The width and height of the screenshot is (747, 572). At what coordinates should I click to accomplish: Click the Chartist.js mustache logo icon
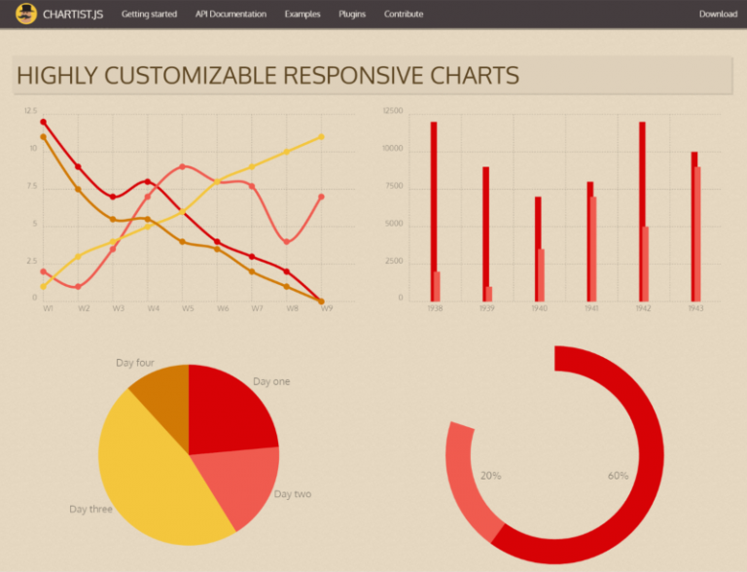(26, 14)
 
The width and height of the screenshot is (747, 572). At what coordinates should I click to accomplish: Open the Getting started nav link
(149, 15)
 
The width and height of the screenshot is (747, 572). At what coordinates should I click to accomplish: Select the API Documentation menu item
(231, 15)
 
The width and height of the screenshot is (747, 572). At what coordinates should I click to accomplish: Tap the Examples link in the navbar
(302, 15)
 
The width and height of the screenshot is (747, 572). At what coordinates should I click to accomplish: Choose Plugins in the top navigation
(352, 15)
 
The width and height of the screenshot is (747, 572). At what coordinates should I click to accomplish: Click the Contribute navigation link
(404, 15)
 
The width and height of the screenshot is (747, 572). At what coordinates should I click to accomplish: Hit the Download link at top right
(718, 15)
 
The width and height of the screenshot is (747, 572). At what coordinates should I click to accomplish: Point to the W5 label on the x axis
(189, 308)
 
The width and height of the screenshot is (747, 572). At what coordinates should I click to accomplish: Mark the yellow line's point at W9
(321, 137)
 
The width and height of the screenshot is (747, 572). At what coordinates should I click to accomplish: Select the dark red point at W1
(43, 123)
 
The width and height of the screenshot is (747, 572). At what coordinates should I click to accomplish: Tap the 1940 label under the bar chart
(539, 308)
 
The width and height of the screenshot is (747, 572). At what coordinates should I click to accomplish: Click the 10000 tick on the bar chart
(393, 150)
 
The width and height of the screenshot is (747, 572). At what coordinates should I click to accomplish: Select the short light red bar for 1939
(488, 293)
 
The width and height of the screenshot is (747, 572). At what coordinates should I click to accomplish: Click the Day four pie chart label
(135, 363)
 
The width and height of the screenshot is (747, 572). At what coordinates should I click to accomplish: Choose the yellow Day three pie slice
(156, 477)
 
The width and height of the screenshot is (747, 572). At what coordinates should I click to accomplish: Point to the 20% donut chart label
(491, 476)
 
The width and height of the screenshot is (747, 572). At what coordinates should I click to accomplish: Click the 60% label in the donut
(618, 476)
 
